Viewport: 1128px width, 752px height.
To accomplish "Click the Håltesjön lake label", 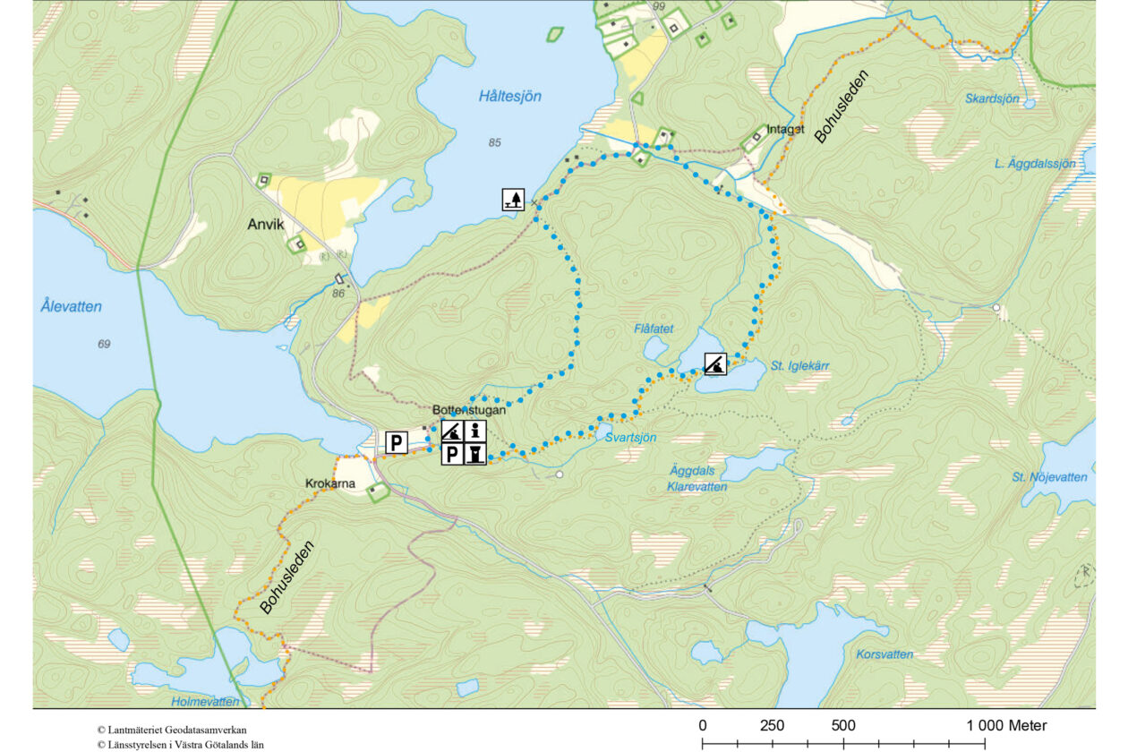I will coord(510,97).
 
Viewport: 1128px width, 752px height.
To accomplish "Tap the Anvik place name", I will coord(265,225).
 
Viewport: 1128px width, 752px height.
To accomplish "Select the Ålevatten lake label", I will coord(72,306).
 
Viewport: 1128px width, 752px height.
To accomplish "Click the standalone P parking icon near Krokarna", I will coord(397,441).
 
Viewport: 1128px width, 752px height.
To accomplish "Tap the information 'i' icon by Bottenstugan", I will coord(475,431).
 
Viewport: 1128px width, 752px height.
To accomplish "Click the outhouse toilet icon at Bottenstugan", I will coord(475,455).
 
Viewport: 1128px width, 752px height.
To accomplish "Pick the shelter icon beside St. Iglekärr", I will coord(714,363).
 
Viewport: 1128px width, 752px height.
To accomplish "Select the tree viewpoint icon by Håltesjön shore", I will coord(513,200).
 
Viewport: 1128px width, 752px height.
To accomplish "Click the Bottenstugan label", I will coord(469,410).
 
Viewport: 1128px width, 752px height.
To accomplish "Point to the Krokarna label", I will coord(330,484).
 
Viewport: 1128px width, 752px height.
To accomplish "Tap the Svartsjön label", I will coord(630,437).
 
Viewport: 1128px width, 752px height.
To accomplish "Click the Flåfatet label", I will coord(654,329).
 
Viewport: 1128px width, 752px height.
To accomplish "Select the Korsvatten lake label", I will coord(884,654).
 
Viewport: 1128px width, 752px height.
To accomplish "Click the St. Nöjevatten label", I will coord(1050,477).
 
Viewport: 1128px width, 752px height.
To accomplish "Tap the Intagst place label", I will coord(785,129).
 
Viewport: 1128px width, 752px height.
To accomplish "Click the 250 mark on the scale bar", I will coord(773,725).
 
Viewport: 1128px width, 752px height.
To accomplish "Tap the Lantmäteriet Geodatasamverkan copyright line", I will coord(172,730).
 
